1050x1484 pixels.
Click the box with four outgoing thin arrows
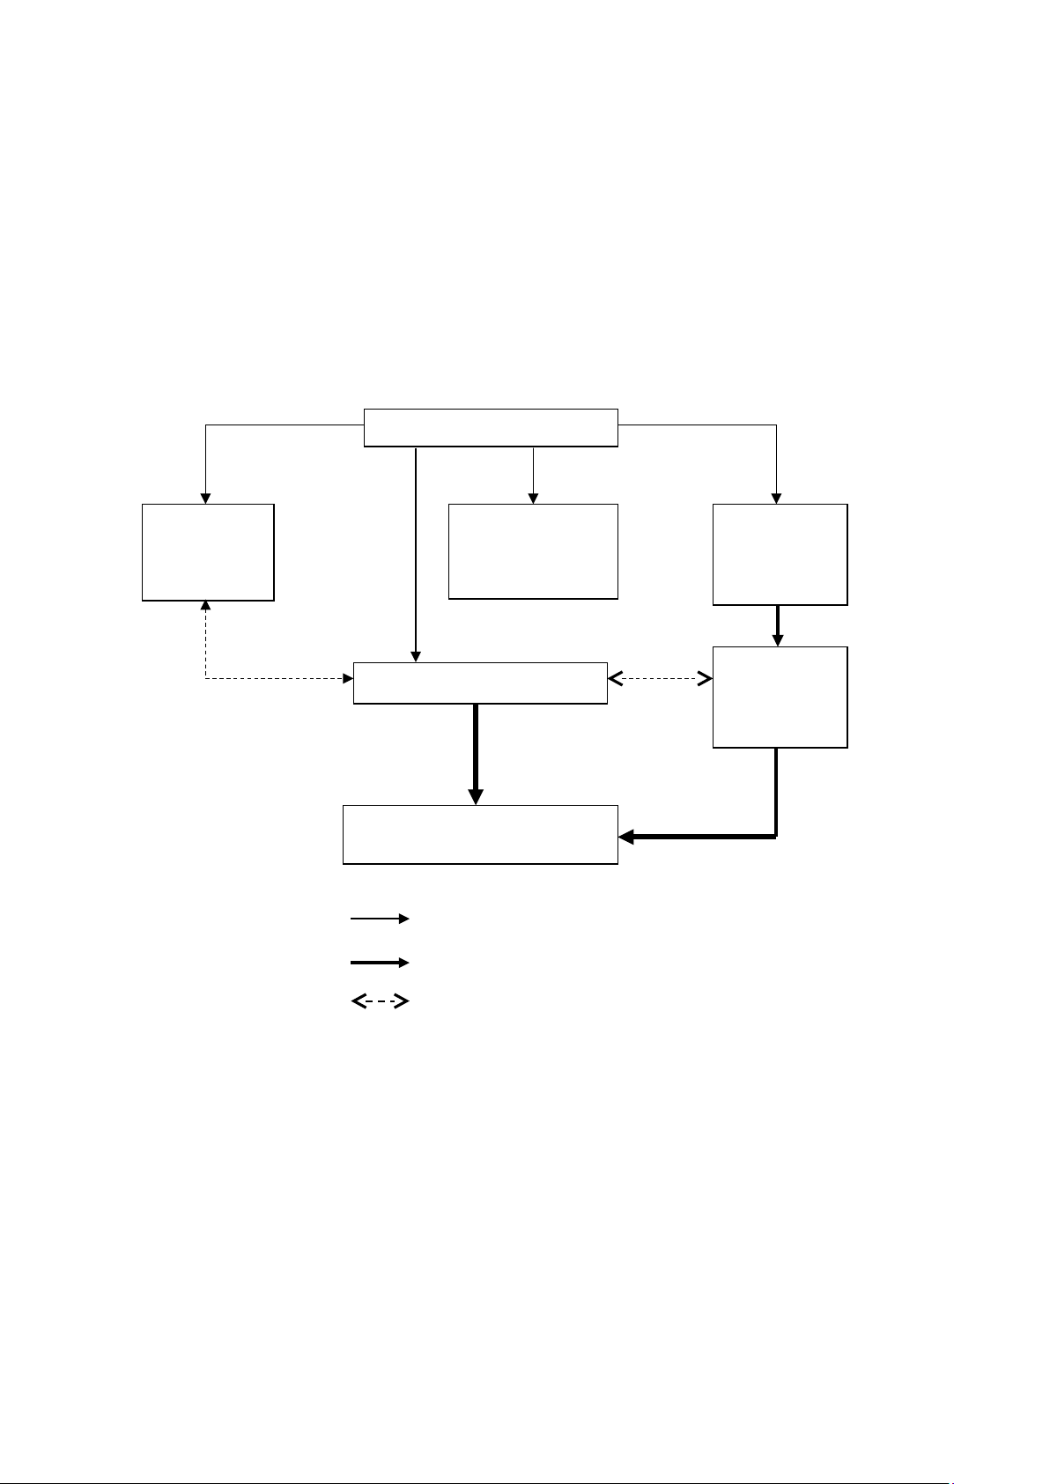coord(491,428)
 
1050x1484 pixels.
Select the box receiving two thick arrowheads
coord(480,834)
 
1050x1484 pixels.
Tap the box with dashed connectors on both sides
coord(480,683)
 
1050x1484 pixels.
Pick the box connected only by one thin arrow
coord(533,551)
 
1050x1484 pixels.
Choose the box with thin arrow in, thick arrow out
coord(780,554)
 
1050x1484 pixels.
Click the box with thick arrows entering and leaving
coord(780,697)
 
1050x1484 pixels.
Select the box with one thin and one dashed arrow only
coord(208,552)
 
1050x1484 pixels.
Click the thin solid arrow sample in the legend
coord(380,919)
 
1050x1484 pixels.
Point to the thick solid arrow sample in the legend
coord(380,963)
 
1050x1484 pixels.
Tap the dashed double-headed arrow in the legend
coord(380,1001)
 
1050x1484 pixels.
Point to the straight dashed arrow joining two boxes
coord(660,679)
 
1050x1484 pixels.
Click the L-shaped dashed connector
coord(264,679)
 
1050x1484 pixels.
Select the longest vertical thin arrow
coord(415,555)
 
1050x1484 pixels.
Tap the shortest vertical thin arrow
coord(533,476)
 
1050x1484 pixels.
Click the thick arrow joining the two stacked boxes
coord(778,625)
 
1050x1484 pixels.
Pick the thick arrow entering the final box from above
coord(476,753)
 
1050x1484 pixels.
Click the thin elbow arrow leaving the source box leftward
coord(264,426)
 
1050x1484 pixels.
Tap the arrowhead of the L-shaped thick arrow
coord(626,837)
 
